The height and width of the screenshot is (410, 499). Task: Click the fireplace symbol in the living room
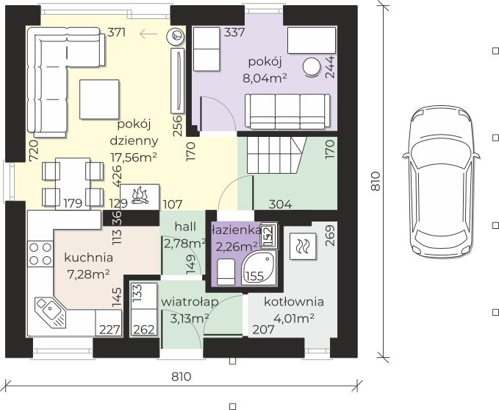point(140,197)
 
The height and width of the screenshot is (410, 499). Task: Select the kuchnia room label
point(88,258)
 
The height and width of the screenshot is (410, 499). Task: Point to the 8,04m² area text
point(265,78)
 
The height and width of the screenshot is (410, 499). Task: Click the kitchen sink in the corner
point(50,313)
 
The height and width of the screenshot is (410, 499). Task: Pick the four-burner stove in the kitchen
point(40,254)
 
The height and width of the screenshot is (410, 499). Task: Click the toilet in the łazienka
point(226,272)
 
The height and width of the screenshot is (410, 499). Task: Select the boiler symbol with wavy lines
point(303,246)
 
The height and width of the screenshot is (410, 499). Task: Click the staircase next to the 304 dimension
point(276,155)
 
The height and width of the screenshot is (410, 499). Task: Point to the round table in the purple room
point(312,68)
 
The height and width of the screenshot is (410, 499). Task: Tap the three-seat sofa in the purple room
point(287,112)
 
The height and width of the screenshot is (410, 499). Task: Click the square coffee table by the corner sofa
point(99,99)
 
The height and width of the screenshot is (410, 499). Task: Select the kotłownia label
point(294,302)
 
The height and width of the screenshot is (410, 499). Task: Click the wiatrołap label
point(190,302)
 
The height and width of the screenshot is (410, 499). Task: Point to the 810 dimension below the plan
point(182,377)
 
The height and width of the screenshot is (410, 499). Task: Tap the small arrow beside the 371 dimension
point(148,33)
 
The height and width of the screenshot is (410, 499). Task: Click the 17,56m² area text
point(134,158)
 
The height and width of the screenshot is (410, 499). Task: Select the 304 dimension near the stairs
point(280,204)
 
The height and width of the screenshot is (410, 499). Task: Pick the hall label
point(185,227)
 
